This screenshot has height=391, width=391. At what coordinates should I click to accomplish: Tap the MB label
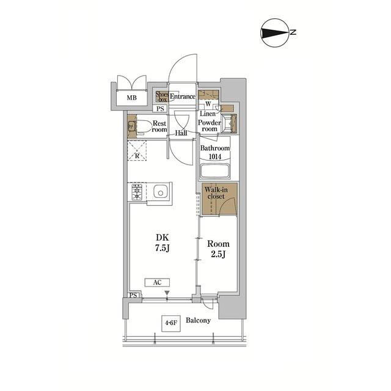[132, 98]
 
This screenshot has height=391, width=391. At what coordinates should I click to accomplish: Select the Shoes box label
[162, 97]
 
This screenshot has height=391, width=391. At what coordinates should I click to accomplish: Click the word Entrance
[183, 97]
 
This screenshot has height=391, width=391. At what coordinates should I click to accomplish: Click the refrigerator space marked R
[137, 151]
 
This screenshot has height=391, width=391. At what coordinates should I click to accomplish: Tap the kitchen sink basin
[160, 192]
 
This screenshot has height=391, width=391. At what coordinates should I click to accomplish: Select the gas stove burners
[137, 192]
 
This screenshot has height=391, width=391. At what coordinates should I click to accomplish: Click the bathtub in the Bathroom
[214, 171]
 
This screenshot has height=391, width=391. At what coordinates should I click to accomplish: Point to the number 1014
[214, 156]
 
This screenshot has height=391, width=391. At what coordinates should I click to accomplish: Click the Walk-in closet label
[216, 193]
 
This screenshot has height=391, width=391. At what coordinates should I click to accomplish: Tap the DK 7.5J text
[163, 243]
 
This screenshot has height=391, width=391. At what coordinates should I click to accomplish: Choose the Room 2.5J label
[218, 249]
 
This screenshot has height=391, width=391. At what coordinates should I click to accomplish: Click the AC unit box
[158, 282]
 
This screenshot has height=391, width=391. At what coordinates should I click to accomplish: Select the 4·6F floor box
[171, 323]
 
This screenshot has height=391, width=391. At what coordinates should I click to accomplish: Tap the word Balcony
[198, 320]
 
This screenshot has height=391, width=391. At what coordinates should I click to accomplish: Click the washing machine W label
[208, 104]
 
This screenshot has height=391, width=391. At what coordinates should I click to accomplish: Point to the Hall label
[181, 133]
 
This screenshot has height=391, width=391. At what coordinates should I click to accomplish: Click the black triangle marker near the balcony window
[167, 293]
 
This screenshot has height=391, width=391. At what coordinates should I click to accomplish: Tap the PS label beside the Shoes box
[160, 109]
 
